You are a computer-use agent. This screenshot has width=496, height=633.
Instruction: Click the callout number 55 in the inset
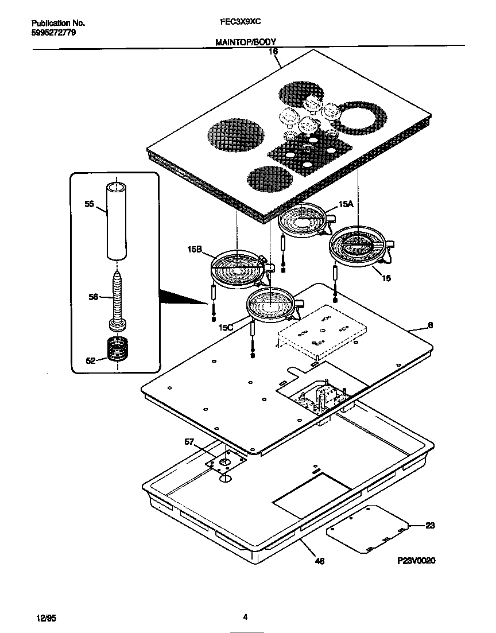pos(89,204)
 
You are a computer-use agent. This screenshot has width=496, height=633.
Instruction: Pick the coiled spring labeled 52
pos(118,349)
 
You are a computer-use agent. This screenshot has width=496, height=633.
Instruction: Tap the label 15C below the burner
pos(226,327)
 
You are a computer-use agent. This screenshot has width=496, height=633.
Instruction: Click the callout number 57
pos(189,441)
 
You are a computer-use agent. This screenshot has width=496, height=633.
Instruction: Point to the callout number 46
pos(320,561)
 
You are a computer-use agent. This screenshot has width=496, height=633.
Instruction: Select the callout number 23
pos(431,525)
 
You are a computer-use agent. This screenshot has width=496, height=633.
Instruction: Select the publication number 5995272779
pos(52,33)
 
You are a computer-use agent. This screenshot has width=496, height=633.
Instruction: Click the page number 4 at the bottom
pos(245,618)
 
